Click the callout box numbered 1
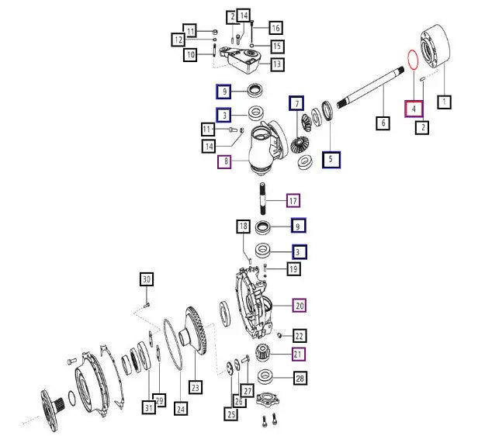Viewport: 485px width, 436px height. click(444, 102)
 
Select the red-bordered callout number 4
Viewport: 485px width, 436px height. click(414, 109)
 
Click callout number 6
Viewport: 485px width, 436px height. click(383, 123)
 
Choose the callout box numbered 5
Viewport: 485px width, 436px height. click(331, 160)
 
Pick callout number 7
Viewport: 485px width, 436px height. click(296, 103)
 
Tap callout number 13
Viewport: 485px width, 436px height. click(277, 64)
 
